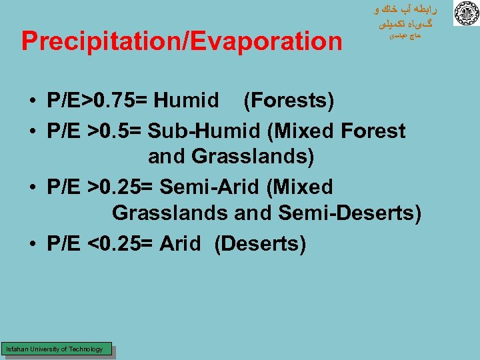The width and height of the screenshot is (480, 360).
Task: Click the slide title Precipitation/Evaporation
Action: click(181, 41)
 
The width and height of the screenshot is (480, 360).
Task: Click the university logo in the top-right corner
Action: click(465, 14)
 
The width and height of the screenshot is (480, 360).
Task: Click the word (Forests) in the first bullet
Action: click(288, 101)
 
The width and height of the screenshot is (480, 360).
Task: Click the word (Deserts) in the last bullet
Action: click(260, 244)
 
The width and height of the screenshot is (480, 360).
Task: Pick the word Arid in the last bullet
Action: click(180, 244)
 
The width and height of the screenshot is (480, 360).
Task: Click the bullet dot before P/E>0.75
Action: click(32, 102)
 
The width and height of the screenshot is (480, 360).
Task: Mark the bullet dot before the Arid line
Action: click(32, 245)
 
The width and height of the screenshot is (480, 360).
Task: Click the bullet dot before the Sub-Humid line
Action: click(32, 132)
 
